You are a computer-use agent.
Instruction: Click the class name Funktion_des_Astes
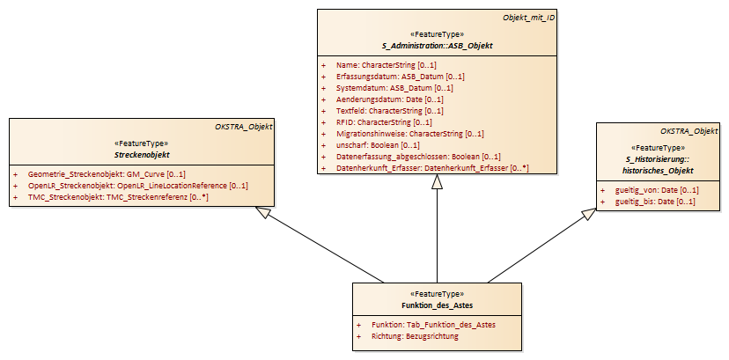click(437, 305)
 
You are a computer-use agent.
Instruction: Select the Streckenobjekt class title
click(142, 154)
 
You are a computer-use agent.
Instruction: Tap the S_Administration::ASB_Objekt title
click(437, 46)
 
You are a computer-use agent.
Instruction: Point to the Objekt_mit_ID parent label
click(528, 18)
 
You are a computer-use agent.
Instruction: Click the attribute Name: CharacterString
click(387, 65)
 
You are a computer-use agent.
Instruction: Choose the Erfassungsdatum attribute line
click(401, 77)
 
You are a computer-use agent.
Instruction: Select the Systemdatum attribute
click(394, 88)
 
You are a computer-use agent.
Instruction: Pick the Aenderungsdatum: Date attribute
click(390, 99)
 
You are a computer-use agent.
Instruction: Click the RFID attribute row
click(384, 122)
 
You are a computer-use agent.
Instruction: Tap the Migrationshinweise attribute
click(410, 134)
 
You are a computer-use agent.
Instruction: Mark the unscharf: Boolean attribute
click(378, 145)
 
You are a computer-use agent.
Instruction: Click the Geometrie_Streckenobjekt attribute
click(107, 174)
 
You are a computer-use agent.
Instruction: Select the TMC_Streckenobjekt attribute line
click(118, 197)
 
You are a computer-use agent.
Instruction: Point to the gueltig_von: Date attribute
click(657, 190)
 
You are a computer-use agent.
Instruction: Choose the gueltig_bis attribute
click(655, 202)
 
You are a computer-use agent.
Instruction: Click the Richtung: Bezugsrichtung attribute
click(416, 336)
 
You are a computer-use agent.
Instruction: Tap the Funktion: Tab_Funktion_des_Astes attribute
click(433, 325)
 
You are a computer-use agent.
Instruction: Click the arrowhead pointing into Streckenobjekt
click(263, 212)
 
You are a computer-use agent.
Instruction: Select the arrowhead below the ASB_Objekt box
click(437, 181)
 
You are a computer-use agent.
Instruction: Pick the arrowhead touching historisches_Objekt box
click(589, 214)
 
